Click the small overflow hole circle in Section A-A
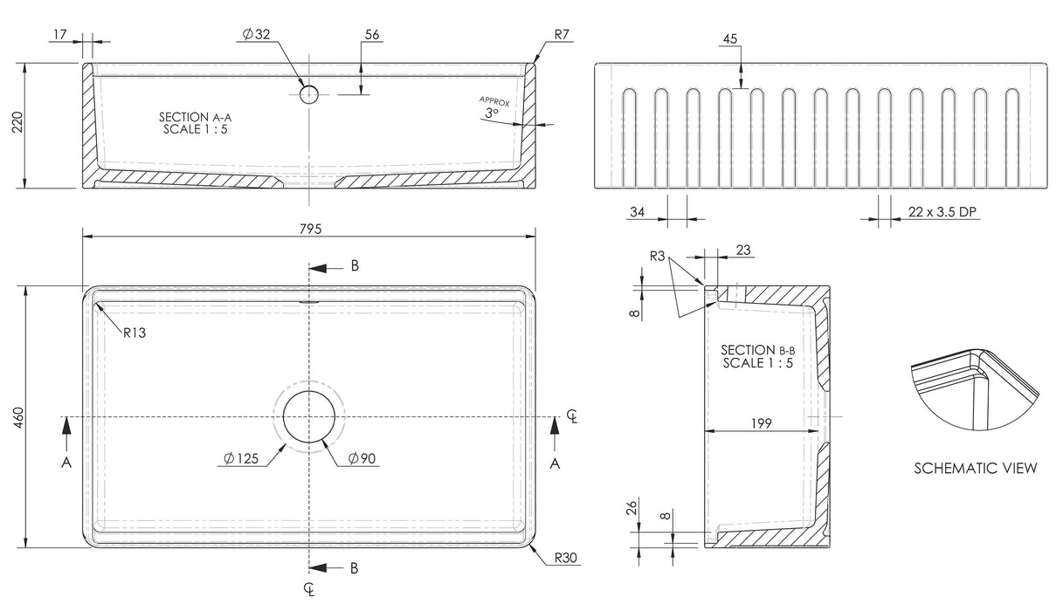tap(309, 93)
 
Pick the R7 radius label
tap(562, 35)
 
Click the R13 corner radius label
tap(134, 333)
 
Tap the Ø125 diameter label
tap(240, 458)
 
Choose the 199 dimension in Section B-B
tap(760, 423)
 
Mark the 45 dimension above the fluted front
tap(730, 39)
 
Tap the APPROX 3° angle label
tap(493, 107)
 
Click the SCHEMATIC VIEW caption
tap(976, 469)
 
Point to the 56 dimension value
tap(372, 35)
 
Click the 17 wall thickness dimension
tap(60, 35)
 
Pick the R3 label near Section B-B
tap(659, 256)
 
